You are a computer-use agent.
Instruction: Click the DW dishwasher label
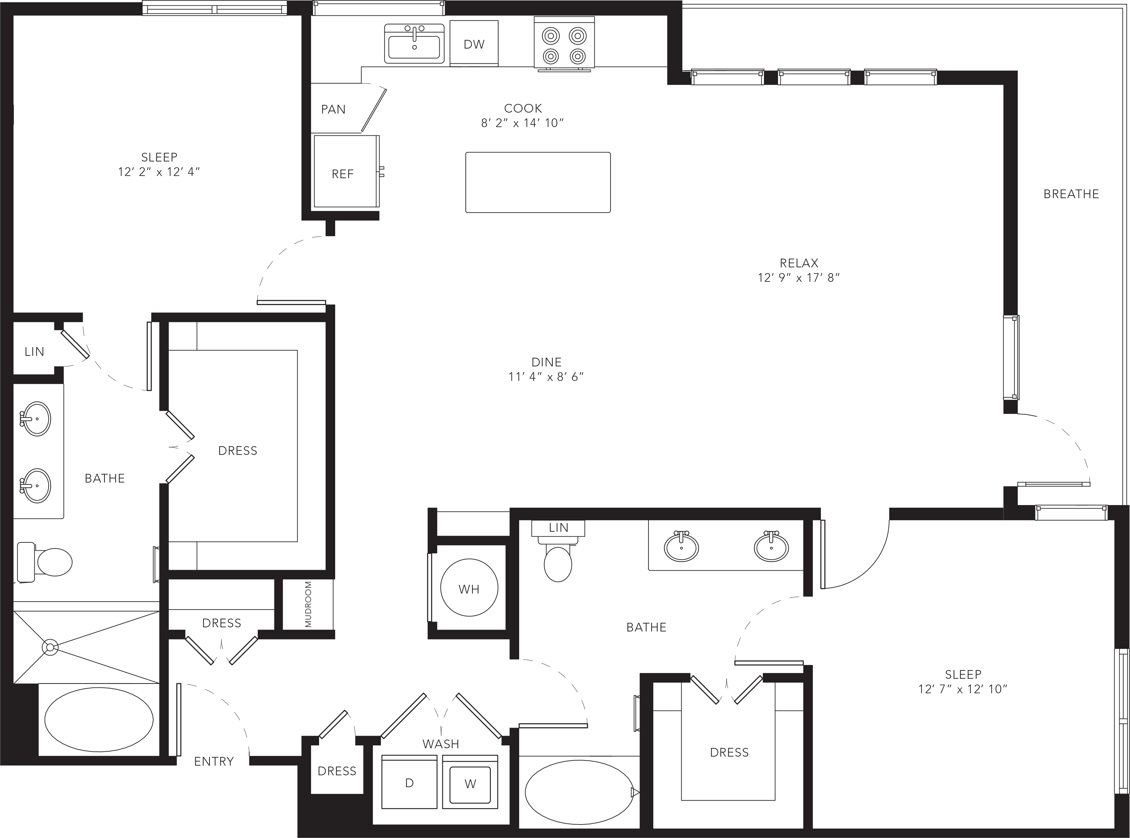coord(474,44)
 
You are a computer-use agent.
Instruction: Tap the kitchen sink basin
coord(414,47)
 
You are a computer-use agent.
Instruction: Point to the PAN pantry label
coord(333,109)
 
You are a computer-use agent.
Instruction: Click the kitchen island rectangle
coord(537,182)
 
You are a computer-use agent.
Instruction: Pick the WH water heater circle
coord(469,588)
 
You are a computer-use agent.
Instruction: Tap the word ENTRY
coord(214,761)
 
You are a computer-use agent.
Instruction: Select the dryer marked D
coord(409,782)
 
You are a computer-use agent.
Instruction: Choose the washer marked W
coord(470,782)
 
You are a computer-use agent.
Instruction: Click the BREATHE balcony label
coord(1071,194)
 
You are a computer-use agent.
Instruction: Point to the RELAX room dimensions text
coord(799,278)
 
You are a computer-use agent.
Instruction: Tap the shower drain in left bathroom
coord(50,647)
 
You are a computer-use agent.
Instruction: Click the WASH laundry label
coord(441,744)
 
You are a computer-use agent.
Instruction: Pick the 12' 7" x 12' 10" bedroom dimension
coord(963,689)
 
